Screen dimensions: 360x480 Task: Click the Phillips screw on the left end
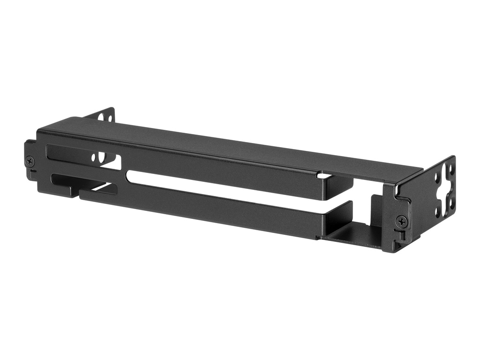[30, 160]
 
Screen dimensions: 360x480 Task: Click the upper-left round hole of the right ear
[437, 179]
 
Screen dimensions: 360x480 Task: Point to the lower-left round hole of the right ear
[437, 212]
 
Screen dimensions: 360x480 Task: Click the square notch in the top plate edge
[324, 175]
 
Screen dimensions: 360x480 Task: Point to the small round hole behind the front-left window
[95, 158]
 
